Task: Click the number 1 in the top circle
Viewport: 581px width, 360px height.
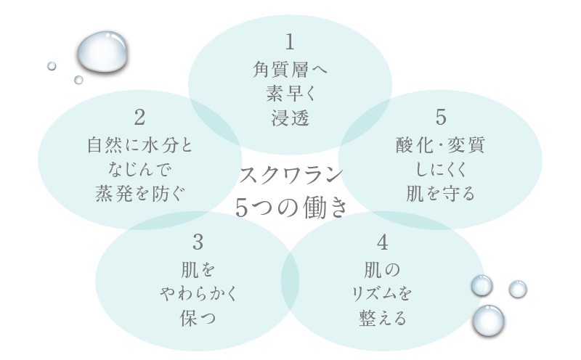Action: [290, 41]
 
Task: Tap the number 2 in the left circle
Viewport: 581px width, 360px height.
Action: [140, 117]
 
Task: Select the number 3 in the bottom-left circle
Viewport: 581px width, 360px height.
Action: [198, 241]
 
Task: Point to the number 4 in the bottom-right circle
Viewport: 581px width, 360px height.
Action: [383, 242]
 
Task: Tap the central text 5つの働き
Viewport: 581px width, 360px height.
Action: [291, 207]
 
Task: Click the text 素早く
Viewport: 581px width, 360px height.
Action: [290, 94]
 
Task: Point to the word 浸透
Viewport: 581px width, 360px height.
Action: [290, 118]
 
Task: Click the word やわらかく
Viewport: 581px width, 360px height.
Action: [198, 294]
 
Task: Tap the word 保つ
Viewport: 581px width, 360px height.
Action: [198, 319]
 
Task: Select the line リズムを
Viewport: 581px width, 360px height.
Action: [383, 294]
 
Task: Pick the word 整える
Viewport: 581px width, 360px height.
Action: [383, 319]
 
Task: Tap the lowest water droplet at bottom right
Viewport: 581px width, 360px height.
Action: [488, 320]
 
